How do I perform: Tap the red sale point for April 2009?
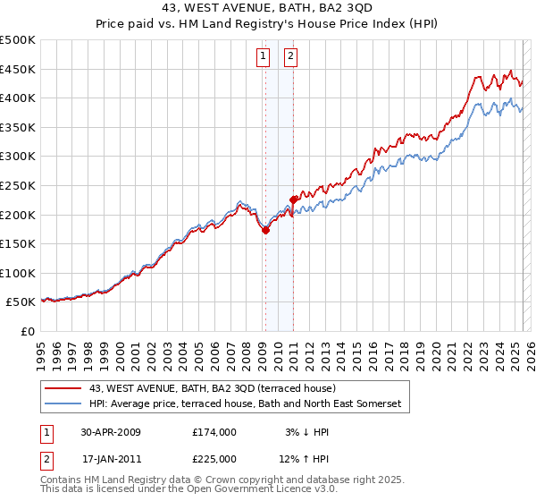[x=265, y=230]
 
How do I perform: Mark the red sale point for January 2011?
[x=292, y=200]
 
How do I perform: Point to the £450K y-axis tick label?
[x=18, y=69]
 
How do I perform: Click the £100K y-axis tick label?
[x=18, y=273]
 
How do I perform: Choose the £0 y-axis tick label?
[x=27, y=331]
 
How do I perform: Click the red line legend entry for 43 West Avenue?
[x=212, y=388]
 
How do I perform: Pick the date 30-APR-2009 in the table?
[x=111, y=431]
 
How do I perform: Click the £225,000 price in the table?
[x=214, y=459]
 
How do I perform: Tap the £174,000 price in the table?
[x=214, y=431]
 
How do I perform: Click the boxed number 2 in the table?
[x=46, y=459]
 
